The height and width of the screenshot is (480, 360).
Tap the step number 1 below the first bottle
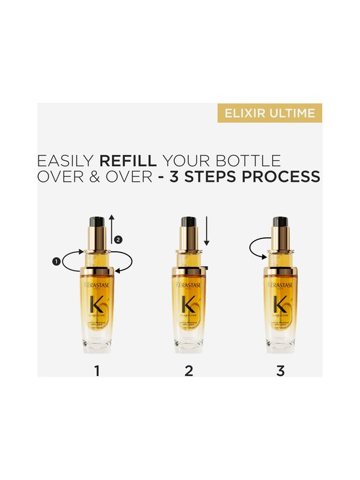[x=97, y=371]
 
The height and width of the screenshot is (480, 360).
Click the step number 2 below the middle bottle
[x=189, y=371]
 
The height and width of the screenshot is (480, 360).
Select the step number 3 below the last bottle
[x=281, y=371]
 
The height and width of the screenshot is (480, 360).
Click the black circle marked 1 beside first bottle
[x=56, y=262]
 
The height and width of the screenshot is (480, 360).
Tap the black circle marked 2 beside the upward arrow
[x=118, y=240]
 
